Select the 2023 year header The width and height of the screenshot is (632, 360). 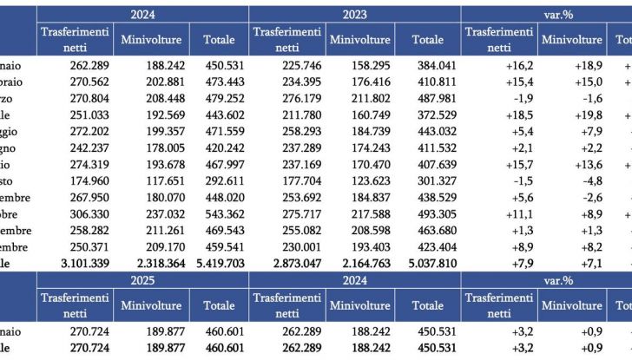pyautogui.click(x=355, y=14)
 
